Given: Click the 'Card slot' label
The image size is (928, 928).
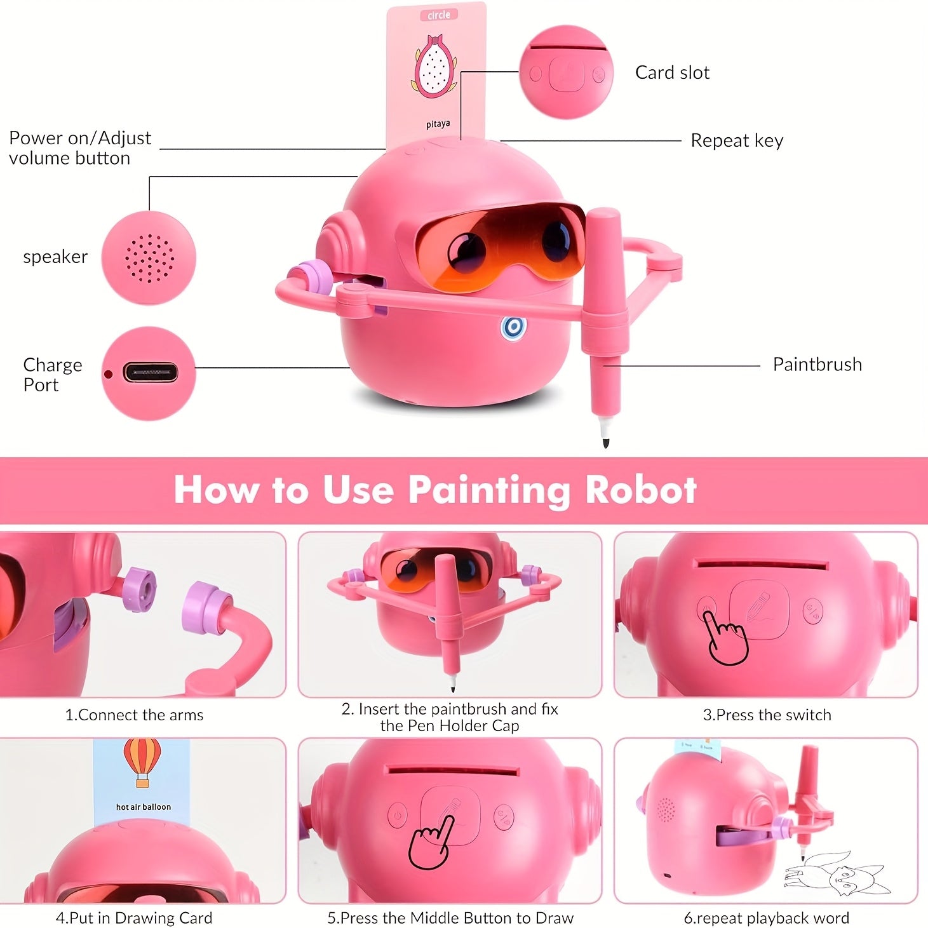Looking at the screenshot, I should [672, 73].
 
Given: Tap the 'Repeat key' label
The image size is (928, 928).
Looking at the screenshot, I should [737, 140].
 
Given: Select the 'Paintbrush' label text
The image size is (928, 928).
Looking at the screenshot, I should [817, 364].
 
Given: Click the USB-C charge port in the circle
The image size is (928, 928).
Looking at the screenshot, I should [151, 373].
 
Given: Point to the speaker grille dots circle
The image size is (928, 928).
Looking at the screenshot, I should [149, 258].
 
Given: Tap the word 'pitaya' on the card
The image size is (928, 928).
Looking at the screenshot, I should [438, 124].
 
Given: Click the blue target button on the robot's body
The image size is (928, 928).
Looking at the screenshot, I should [513, 327].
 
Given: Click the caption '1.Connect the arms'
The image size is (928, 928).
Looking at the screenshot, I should [134, 715].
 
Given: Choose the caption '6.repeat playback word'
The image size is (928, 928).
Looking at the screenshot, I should [766, 918].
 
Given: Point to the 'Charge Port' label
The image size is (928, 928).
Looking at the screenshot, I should [52, 375].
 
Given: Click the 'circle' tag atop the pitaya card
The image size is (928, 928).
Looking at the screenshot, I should [438, 15].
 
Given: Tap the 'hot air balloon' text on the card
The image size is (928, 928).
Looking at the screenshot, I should [144, 807].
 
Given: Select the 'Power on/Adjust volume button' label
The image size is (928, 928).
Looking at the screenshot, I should [80, 148].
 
